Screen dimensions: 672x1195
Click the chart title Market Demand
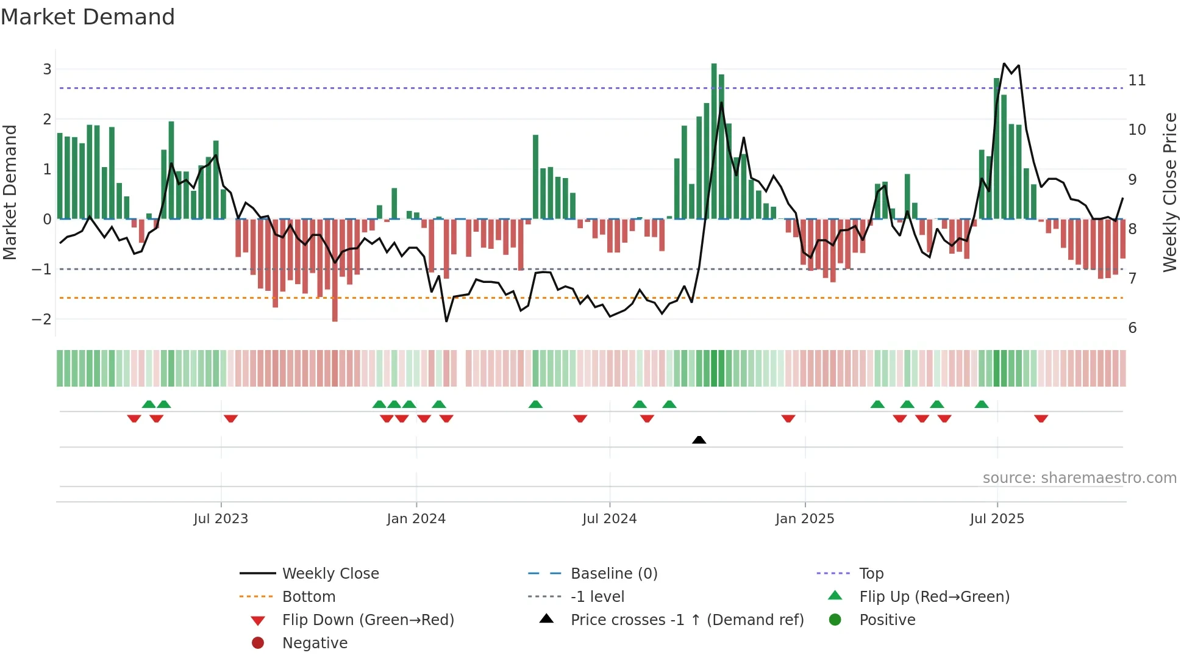click(x=88, y=17)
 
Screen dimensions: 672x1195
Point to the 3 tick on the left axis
click(x=47, y=70)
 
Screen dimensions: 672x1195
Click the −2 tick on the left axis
click(x=42, y=320)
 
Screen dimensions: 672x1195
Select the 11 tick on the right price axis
click(x=1136, y=80)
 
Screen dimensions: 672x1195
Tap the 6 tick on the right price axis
click(x=1132, y=328)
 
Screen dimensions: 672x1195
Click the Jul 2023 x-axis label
click(x=221, y=519)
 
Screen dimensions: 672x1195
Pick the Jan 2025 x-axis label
click(x=805, y=519)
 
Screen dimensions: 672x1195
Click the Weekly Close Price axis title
click(x=1169, y=192)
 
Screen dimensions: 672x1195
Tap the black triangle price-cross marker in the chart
click(x=699, y=440)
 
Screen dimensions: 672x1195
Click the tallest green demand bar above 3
click(x=714, y=140)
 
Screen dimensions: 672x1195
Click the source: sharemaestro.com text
click(x=1079, y=478)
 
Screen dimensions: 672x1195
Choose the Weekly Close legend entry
click(x=330, y=574)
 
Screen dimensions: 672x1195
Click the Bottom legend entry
click(x=309, y=597)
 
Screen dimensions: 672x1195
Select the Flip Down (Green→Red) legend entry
click(x=368, y=620)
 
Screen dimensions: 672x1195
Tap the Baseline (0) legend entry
click(x=613, y=574)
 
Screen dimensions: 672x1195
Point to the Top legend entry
click(x=871, y=574)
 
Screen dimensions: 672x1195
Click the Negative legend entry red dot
click(x=258, y=643)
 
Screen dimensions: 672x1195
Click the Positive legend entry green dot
click(x=835, y=620)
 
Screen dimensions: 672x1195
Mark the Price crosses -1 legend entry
click(x=687, y=620)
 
